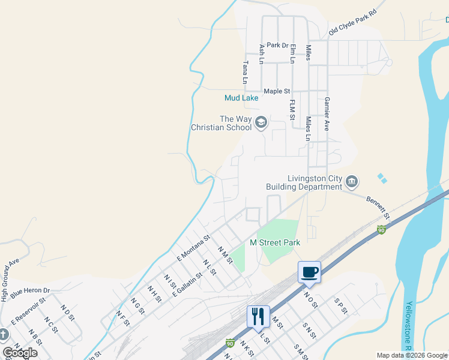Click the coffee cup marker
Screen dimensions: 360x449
point(309,272)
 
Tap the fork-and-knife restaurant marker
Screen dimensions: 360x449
point(258,316)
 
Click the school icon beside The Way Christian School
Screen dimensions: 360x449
point(261,123)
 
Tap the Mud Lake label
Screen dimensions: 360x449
point(241,98)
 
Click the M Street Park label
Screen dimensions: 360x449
point(275,242)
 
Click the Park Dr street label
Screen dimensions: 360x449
point(278,45)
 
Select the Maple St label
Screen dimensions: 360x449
point(277,91)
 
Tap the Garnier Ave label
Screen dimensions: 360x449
point(327,114)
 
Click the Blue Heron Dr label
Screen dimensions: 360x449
point(29,290)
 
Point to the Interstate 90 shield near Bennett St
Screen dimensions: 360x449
point(381,230)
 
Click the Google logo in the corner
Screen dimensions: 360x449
point(20,353)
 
